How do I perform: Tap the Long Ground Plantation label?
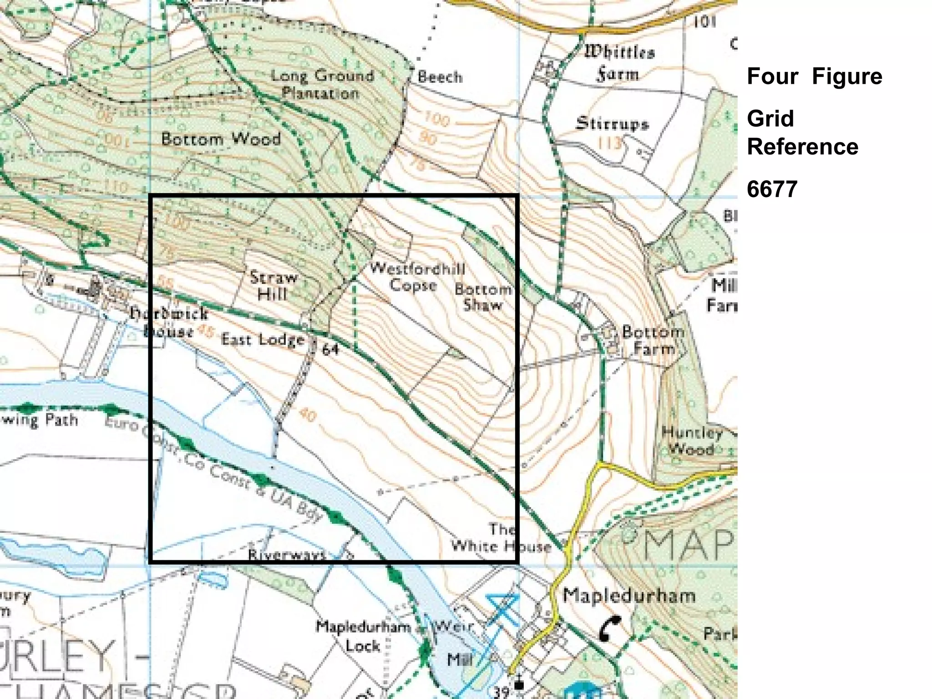pyautogui.click(x=321, y=84)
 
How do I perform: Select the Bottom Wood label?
pyautogui.click(x=221, y=139)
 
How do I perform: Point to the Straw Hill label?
pyautogui.click(x=273, y=286)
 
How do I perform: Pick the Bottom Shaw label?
pyautogui.click(x=483, y=297)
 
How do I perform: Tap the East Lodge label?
pyautogui.click(x=263, y=339)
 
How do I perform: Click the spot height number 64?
pyautogui.click(x=330, y=349)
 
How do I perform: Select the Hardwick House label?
pyautogui.click(x=168, y=322)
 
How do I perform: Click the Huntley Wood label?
pyautogui.click(x=691, y=441)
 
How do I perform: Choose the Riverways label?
pyautogui.click(x=287, y=554)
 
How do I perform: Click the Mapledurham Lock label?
pyautogui.click(x=363, y=636)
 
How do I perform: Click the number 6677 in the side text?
pyautogui.click(x=772, y=189)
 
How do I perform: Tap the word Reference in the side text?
pyautogui.click(x=802, y=147)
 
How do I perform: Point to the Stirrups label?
pyautogui.click(x=612, y=123)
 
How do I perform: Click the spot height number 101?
pyautogui.click(x=705, y=21)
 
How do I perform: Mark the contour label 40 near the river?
pyautogui.click(x=308, y=415)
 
